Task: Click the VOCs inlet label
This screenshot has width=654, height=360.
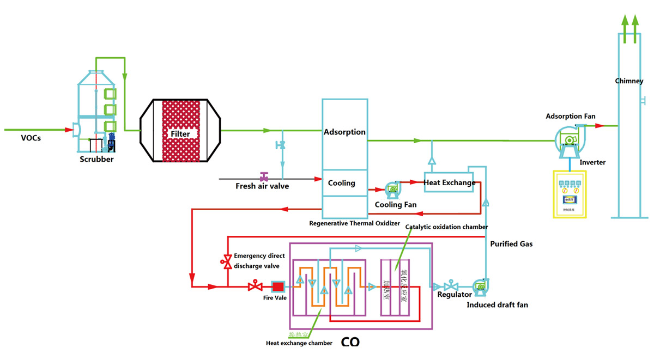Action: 31,138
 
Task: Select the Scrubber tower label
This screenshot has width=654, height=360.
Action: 96,159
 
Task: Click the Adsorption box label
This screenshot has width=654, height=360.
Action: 344,132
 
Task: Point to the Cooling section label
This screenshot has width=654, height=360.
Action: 342,183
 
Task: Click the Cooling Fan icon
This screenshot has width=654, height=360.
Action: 392,190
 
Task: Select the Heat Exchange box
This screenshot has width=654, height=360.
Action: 450,182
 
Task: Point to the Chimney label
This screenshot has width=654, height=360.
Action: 629,81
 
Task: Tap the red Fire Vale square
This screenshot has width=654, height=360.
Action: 278,286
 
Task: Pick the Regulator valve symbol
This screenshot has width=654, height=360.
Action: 451,286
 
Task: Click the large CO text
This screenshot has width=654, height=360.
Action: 350,342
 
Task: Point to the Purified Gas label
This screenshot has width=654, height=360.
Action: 511,244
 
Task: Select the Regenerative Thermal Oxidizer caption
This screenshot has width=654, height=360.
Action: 350,223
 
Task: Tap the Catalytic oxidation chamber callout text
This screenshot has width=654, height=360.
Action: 446,227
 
